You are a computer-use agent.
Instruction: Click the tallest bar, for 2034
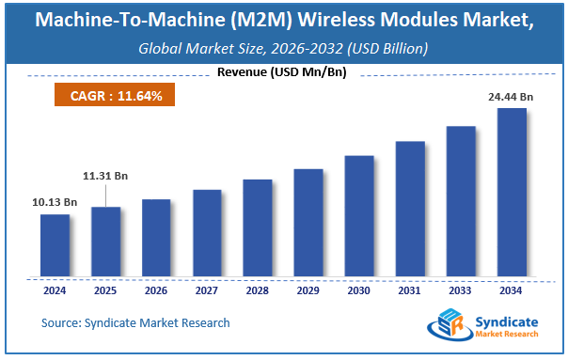[512, 193]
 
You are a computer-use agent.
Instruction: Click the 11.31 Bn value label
[105, 174]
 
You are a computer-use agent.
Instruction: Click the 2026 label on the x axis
[156, 290]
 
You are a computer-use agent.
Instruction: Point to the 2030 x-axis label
[359, 290]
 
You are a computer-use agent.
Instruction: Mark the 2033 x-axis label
[461, 290]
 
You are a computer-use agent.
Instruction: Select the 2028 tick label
[258, 290]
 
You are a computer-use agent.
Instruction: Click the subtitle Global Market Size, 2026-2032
[254, 48]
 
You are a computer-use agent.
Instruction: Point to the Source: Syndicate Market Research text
[135, 322]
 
